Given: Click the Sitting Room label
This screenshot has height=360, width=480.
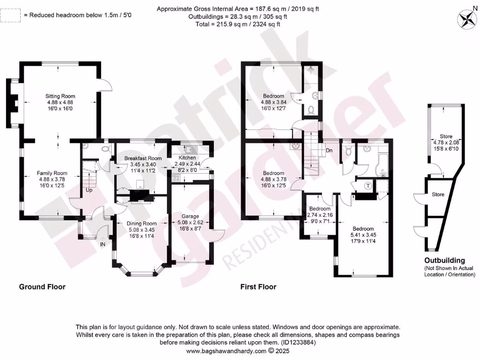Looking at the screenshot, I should tap(60, 96).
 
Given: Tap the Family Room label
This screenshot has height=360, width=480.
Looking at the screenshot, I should tap(53, 173).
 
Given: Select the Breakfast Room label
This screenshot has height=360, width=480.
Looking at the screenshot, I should tap(143, 158).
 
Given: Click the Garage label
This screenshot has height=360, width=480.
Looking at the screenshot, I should tap(191, 217).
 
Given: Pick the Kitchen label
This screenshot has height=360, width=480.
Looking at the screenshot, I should tap(187, 158).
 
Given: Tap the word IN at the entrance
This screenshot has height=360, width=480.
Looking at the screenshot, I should tap(103, 245).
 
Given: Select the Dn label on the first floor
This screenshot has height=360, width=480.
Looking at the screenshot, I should tap(329, 151).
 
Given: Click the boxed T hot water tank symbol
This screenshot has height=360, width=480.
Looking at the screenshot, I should tap(368, 186).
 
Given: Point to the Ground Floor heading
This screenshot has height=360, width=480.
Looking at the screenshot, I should tap(42, 287).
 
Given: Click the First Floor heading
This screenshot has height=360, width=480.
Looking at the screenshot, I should tap(258, 287).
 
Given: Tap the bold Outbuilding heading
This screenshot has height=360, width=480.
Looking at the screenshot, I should tap(444, 261).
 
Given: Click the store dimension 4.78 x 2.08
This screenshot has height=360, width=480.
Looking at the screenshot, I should tap(445, 142).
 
